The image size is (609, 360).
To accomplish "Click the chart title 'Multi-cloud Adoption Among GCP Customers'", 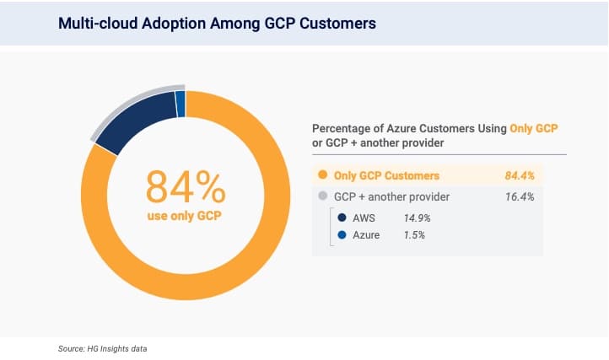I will [x=217, y=24].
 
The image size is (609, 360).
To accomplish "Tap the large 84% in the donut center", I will [x=186, y=186].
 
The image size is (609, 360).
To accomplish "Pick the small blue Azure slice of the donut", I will [x=180, y=104].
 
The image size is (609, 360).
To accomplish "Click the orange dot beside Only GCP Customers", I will [x=321, y=175].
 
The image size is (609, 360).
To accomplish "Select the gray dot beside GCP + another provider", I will [x=321, y=196].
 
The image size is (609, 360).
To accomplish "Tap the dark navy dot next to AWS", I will [x=342, y=217].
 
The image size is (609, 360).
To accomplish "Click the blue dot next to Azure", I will [x=342, y=235].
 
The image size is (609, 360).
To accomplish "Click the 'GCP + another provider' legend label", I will [x=391, y=196].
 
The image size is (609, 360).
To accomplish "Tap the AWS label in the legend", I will [x=365, y=217].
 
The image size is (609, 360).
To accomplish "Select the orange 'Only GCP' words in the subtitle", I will [x=534, y=128].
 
